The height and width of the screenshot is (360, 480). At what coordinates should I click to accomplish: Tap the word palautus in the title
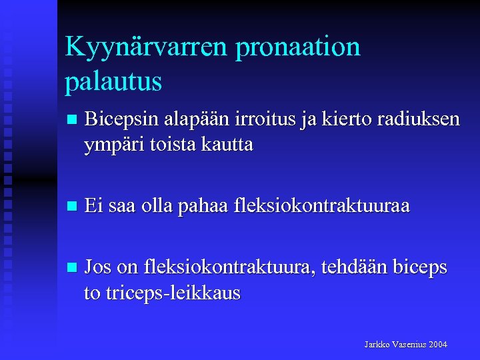click(x=113, y=82)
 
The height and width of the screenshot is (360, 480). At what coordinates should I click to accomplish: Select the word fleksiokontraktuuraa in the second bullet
click(x=322, y=207)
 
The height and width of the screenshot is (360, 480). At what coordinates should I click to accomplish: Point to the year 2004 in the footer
click(x=438, y=345)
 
